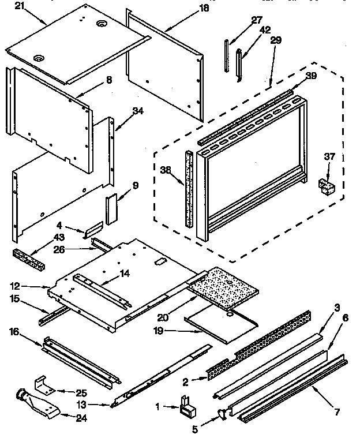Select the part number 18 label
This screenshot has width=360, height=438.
(188, 8)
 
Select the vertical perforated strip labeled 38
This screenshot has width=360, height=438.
(187, 188)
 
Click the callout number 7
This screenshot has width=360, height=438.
(337, 412)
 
